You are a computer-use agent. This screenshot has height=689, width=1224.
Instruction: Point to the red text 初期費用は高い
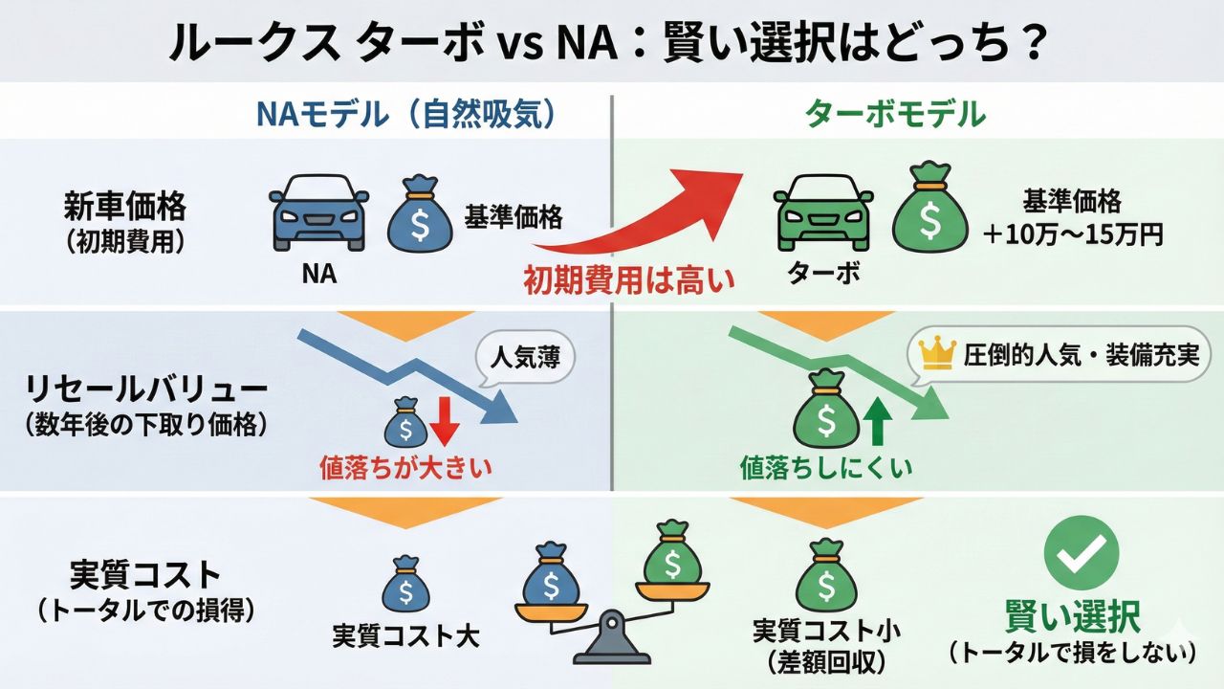(x=628, y=279)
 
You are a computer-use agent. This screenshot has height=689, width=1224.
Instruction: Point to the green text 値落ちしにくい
(x=826, y=468)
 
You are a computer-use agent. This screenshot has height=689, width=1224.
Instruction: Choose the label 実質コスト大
(x=405, y=634)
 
